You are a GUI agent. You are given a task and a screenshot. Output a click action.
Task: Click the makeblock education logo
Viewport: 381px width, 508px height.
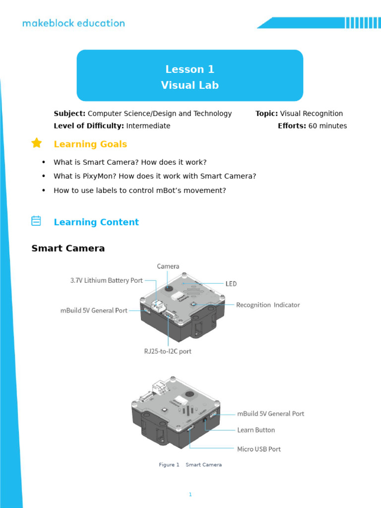(x=73, y=23)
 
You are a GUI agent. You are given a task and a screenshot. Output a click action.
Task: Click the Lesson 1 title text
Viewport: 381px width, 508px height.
(x=190, y=69)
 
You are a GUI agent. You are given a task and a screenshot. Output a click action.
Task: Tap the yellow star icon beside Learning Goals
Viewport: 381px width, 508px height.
(x=37, y=143)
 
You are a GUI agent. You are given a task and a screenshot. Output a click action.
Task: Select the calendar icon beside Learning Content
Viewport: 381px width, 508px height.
(x=36, y=221)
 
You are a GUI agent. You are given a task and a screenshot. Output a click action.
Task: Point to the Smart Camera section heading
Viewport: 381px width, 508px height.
(x=68, y=248)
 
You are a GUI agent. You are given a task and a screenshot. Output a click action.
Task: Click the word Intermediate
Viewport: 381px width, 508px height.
(x=148, y=126)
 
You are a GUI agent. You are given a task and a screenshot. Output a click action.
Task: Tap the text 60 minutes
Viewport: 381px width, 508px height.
(x=327, y=126)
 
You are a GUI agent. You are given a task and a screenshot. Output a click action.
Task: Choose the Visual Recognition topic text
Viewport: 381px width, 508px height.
(x=311, y=114)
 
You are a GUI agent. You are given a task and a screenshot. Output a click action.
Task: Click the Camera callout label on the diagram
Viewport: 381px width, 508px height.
(x=168, y=266)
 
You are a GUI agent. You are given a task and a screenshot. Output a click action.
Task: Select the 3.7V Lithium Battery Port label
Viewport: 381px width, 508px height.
(x=107, y=280)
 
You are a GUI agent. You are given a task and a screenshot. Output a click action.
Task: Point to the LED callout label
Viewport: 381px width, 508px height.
(x=231, y=284)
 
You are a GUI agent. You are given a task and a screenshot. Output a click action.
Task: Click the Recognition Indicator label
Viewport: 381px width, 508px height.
(x=268, y=305)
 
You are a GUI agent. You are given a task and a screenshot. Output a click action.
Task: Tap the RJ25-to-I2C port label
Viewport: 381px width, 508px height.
(x=168, y=351)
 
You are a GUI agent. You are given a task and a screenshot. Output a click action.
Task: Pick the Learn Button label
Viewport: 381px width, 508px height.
(x=256, y=430)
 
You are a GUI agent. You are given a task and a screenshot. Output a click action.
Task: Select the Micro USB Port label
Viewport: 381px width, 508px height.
(x=259, y=449)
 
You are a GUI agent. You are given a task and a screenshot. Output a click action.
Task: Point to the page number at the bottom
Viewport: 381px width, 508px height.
(x=190, y=494)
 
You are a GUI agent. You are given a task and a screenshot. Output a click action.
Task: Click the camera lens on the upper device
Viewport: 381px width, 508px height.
(x=169, y=288)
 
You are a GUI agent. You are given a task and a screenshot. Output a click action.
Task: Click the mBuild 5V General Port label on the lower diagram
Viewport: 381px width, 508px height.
(x=271, y=414)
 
